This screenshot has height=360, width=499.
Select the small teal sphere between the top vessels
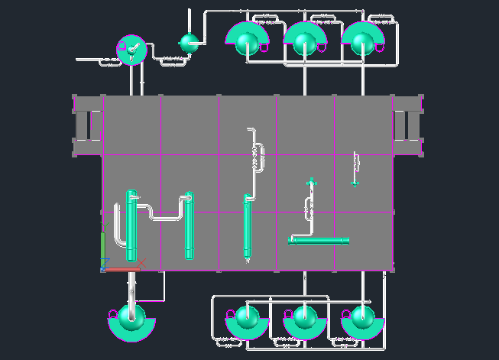[x=188, y=42]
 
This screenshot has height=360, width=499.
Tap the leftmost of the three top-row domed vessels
[x=246, y=38]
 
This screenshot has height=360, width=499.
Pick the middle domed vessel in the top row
[x=305, y=38]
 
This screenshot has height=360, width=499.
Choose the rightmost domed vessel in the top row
[x=363, y=38]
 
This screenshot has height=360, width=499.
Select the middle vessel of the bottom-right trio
[x=305, y=321]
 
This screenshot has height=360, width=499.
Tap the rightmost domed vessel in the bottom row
[x=363, y=321]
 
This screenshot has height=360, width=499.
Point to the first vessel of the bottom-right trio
[x=246, y=321]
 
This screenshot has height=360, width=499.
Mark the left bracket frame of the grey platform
[x=88, y=125]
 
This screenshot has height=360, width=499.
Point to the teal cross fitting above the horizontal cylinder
[x=310, y=183]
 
